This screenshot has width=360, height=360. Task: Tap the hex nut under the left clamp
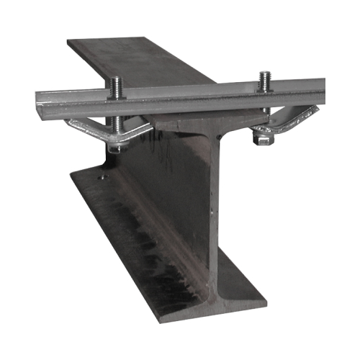[x=115, y=147]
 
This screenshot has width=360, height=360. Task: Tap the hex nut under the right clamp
[x=264, y=139]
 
